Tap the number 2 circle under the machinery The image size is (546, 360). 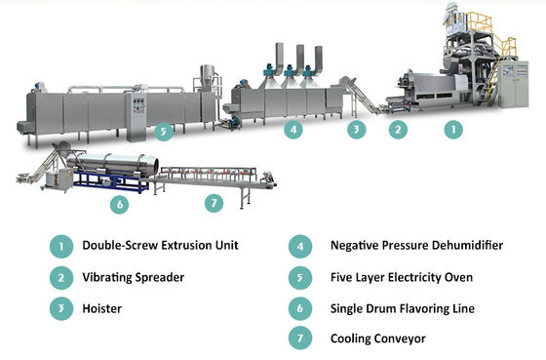tap(398, 128)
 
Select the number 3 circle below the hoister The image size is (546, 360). tap(356, 128)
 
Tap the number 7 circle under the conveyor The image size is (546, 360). tap(216, 203)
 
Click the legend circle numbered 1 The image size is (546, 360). tap(61, 247)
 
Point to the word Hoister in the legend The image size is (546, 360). tap(102, 309)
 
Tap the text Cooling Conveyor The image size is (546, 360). tap(366, 340)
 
